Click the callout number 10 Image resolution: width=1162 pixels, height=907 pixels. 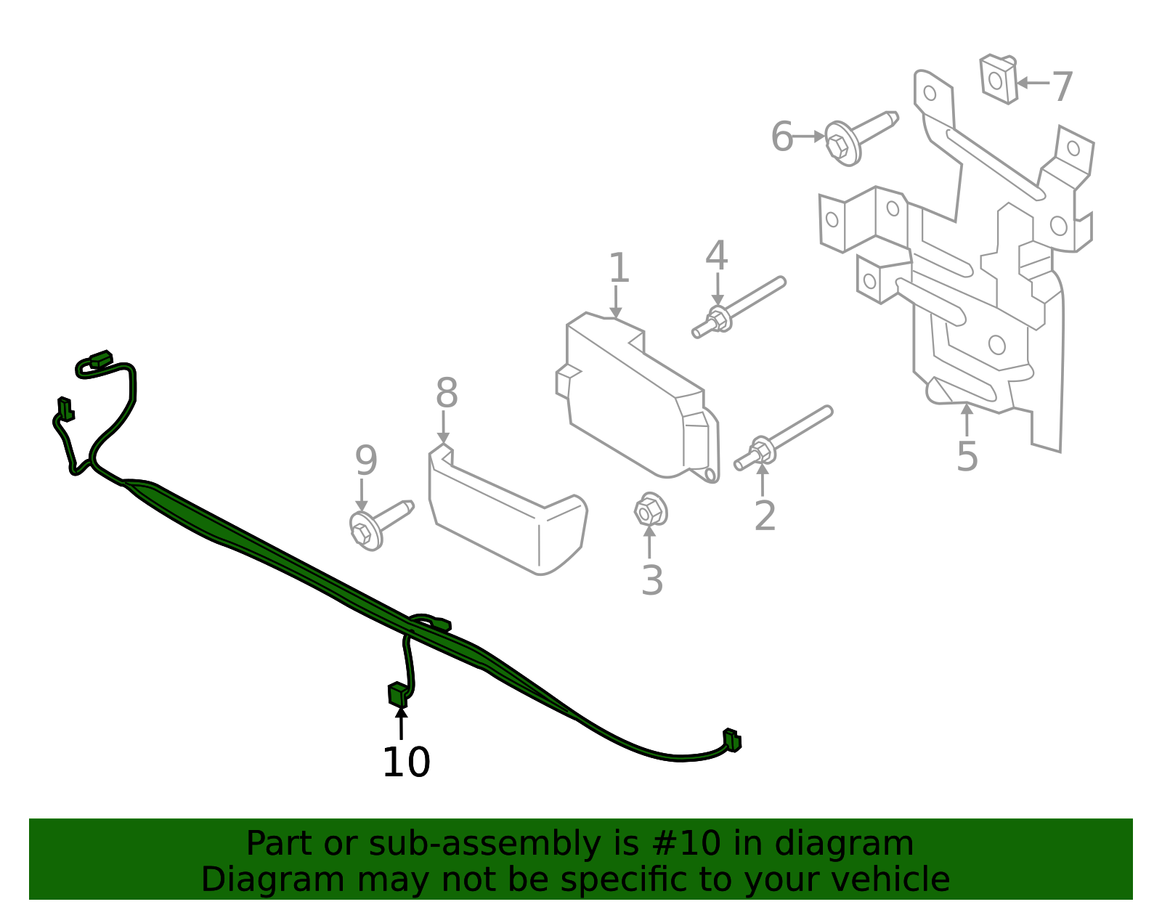coord(406,762)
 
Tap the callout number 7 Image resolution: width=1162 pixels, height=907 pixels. coord(1062,86)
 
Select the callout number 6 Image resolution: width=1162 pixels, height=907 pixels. coord(781,137)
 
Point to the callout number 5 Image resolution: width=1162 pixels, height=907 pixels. coord(967,456)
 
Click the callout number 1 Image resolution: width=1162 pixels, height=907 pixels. coord(618,268)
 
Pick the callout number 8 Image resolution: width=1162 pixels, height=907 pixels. coord(447,394)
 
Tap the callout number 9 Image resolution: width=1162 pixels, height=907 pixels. coord(366,460)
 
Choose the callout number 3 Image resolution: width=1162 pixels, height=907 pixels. coord(652,580)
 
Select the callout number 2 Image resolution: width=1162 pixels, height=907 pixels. coord(765,516)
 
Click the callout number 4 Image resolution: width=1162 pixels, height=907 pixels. coord(716,256)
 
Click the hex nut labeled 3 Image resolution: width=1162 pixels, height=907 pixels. coord(650,511)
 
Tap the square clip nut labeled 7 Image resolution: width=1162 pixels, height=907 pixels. coord(998,78)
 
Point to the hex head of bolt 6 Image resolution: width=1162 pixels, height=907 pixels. coord(840,144)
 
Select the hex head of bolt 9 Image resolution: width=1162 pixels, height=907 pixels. coord(363,531)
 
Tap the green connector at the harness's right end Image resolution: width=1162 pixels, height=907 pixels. coord(732,740)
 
